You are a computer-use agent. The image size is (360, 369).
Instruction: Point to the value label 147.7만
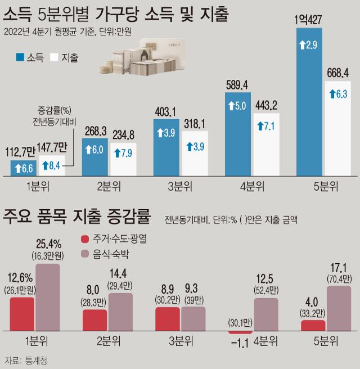52,147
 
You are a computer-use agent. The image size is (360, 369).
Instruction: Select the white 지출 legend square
53,57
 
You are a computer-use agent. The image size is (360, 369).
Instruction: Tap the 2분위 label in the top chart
110,187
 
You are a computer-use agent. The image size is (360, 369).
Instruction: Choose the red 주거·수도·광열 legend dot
85,238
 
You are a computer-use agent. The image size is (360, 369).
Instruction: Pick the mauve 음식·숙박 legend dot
85,254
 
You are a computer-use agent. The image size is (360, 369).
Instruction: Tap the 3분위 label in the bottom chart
182,341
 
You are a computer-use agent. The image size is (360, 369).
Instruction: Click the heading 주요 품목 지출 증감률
77,215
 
